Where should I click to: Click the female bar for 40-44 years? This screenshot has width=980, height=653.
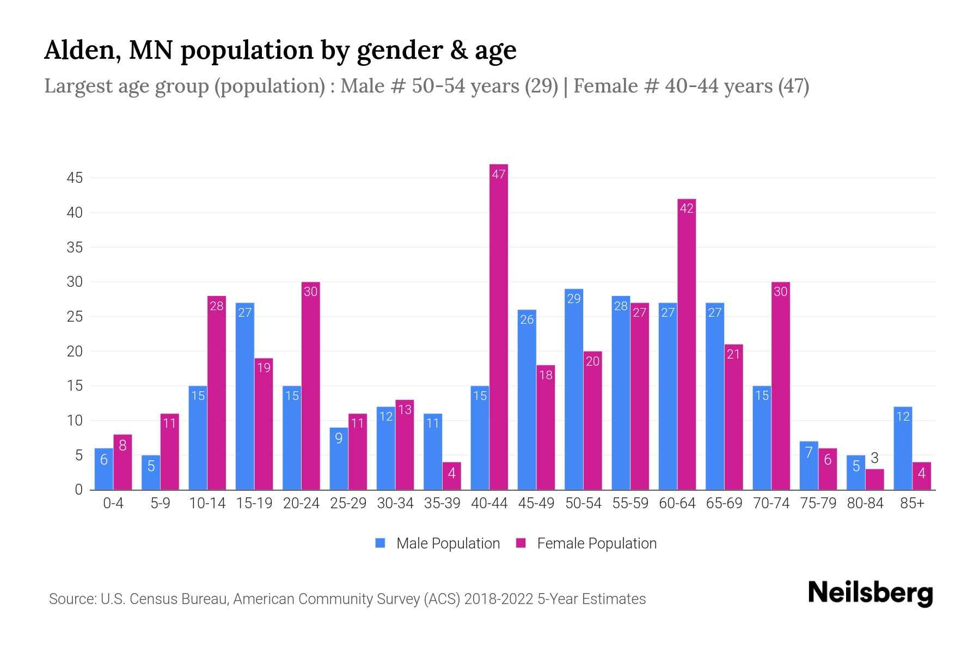(498, 326)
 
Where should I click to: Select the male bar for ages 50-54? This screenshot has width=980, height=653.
(573, 389)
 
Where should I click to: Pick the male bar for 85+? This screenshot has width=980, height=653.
(903, 448)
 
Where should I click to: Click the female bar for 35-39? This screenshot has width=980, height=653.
(451, 476)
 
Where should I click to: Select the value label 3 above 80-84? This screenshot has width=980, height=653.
(874, 458)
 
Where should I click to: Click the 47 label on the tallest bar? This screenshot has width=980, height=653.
(498, 174)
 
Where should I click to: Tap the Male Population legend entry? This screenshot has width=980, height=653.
(438, 543)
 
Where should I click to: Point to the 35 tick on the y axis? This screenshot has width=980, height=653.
(75, 248)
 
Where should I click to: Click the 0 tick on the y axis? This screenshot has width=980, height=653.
(79, 490)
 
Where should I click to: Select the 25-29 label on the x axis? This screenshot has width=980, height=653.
(348, 503)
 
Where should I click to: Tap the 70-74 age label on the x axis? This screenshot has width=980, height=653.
(771, 503)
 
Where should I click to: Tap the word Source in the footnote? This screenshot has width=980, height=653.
(71, 599)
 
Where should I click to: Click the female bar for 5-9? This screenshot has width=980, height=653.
(169, 452)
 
